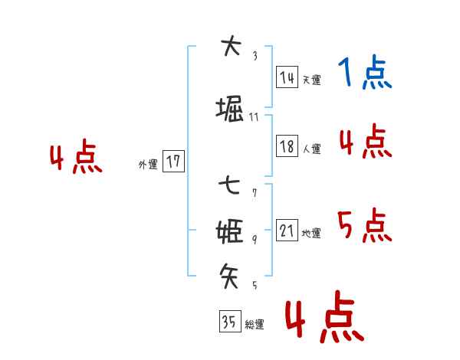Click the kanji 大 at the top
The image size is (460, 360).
[x=230, y=47]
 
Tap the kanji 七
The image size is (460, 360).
[x=229, y=186]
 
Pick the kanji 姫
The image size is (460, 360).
[x=230, y=230]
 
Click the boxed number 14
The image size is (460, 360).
[x=287, y=77]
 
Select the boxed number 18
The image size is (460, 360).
[x=287, y=146]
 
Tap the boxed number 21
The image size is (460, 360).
[x=287, y=231]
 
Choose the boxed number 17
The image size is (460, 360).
[x=174, y=162]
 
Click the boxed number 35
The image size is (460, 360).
[x=229, y=322]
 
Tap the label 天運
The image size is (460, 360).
[x=311, y=80]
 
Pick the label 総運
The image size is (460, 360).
[x=255, y=325]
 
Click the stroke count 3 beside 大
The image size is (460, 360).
[x=255, y=55]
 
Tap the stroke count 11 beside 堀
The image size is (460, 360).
[x=255, y=117]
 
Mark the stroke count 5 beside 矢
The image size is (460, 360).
[x=255, y=286]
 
